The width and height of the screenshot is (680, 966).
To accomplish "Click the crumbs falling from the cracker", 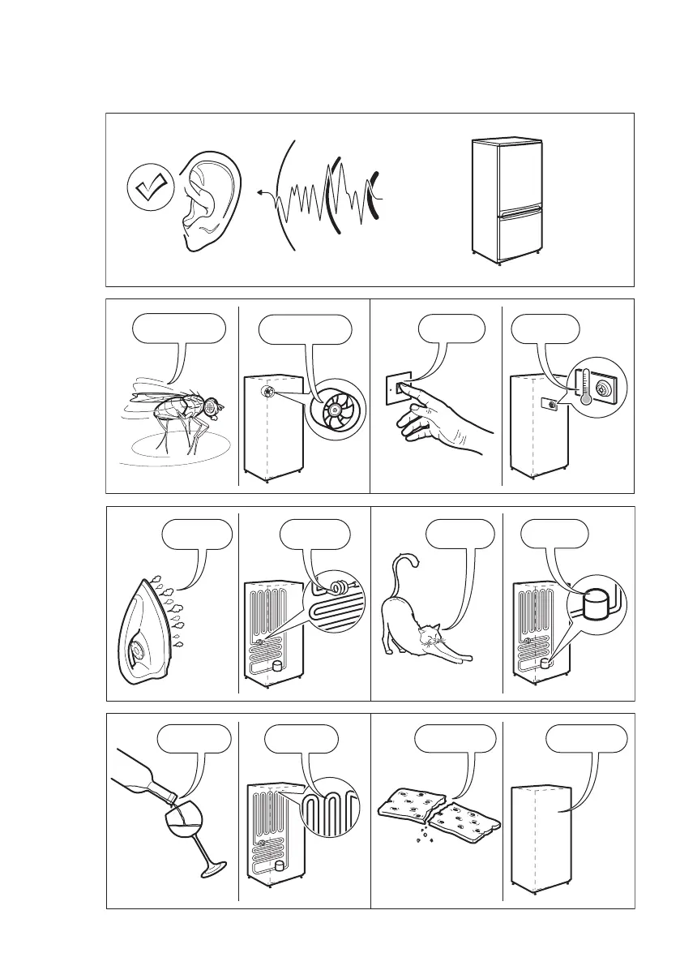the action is click(x=421, y=835).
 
